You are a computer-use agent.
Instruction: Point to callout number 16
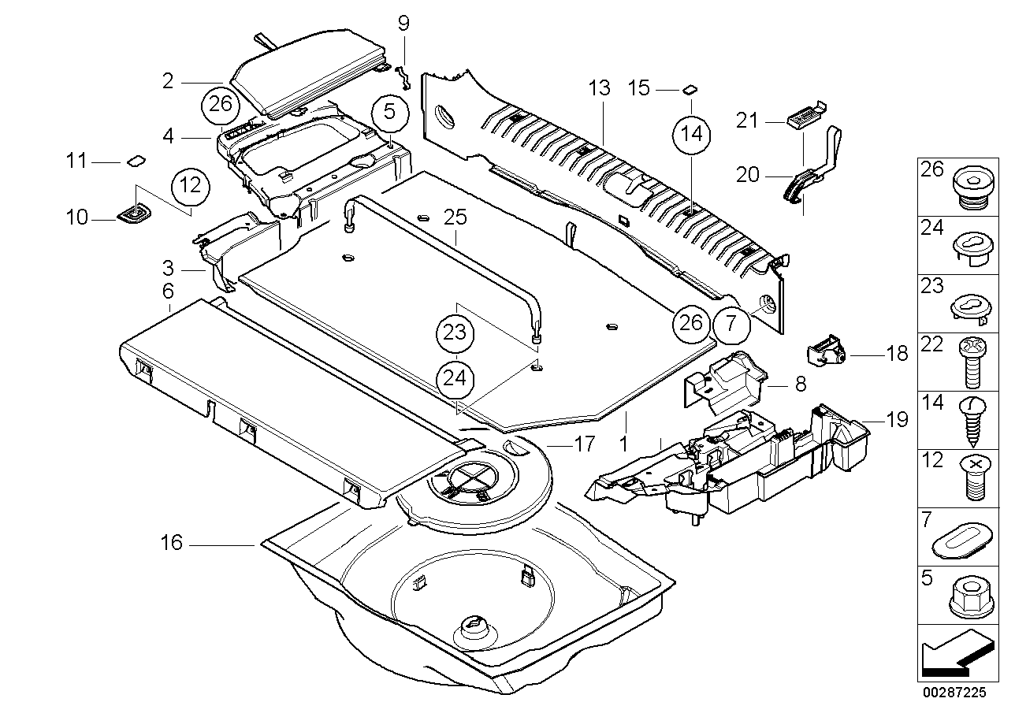(172, 543)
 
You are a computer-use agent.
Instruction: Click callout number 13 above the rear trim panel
(599, 88)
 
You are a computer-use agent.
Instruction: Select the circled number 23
(455, 332)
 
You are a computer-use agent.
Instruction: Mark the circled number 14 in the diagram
(690, 135)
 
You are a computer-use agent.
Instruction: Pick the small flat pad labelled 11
(136, 162)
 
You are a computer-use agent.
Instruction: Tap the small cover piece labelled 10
(132, 214)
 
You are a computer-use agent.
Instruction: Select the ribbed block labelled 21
(799, 118)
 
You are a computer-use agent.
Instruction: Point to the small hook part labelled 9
(404, 72)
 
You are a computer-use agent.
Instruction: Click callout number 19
(897, 420)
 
